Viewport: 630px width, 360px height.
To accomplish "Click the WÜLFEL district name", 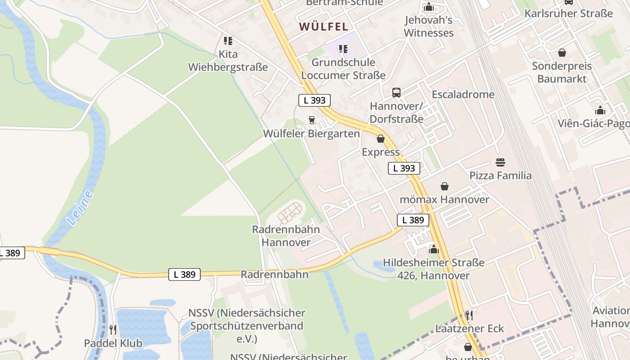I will [x=324, y=27].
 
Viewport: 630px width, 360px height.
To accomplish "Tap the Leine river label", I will [x=81, y=207].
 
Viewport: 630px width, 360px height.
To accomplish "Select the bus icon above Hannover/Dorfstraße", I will [x=396, y=93].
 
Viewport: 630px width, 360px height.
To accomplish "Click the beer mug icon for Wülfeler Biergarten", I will [x=311, y=120].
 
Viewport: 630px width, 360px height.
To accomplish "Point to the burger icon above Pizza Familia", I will [x=500, y=162].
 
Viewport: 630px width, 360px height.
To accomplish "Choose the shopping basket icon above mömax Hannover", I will [x=445, y=186].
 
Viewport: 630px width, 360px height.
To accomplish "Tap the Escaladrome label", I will [x=463, y=94].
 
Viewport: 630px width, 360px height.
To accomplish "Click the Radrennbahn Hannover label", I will [x=286, y=236].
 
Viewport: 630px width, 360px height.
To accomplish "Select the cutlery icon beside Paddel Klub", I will [x=113, y=330].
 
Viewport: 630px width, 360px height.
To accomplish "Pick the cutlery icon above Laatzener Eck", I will [x=469, y=315].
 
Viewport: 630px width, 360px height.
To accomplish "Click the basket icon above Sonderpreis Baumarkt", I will [x=562, y=53].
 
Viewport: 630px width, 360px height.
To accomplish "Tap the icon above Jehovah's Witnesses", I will [x=428, y=7].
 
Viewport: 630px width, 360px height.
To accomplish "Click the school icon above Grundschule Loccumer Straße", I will [x=343, y=49].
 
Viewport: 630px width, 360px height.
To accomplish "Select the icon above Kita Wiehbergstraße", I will [x=228, y=41].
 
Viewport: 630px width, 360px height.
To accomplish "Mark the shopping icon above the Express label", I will [x=381, y=139].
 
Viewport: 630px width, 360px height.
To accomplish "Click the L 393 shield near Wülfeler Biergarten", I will [x=315, y=100].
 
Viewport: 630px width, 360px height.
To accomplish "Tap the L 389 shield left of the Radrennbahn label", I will [x=184, y=274].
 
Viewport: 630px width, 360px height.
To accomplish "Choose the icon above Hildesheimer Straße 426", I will [x=434, y=249].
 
